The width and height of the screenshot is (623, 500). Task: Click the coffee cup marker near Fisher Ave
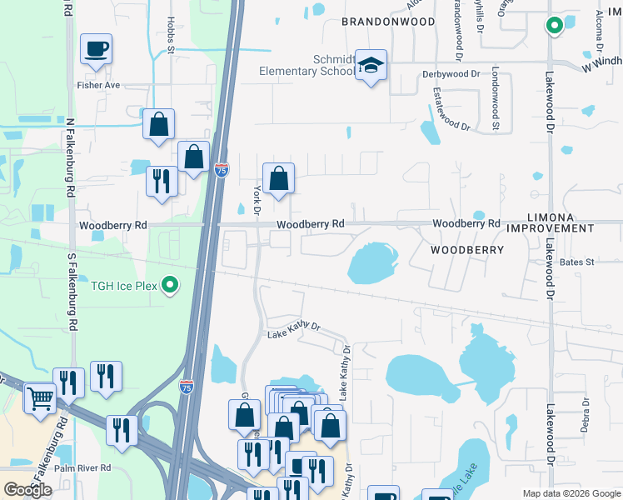96,48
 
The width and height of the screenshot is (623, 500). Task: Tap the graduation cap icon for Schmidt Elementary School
371,66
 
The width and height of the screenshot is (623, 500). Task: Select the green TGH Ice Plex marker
171,285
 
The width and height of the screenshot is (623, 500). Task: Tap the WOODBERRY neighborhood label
467,249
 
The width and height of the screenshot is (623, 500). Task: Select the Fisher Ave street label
98,84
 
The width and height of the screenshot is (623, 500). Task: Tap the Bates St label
576,262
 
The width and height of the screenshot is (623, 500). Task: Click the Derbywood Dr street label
451,73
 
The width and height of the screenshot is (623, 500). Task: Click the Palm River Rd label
82,467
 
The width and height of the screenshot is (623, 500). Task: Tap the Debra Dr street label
586,414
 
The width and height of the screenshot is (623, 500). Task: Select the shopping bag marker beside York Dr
278,178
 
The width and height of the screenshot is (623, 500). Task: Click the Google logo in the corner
28,490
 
